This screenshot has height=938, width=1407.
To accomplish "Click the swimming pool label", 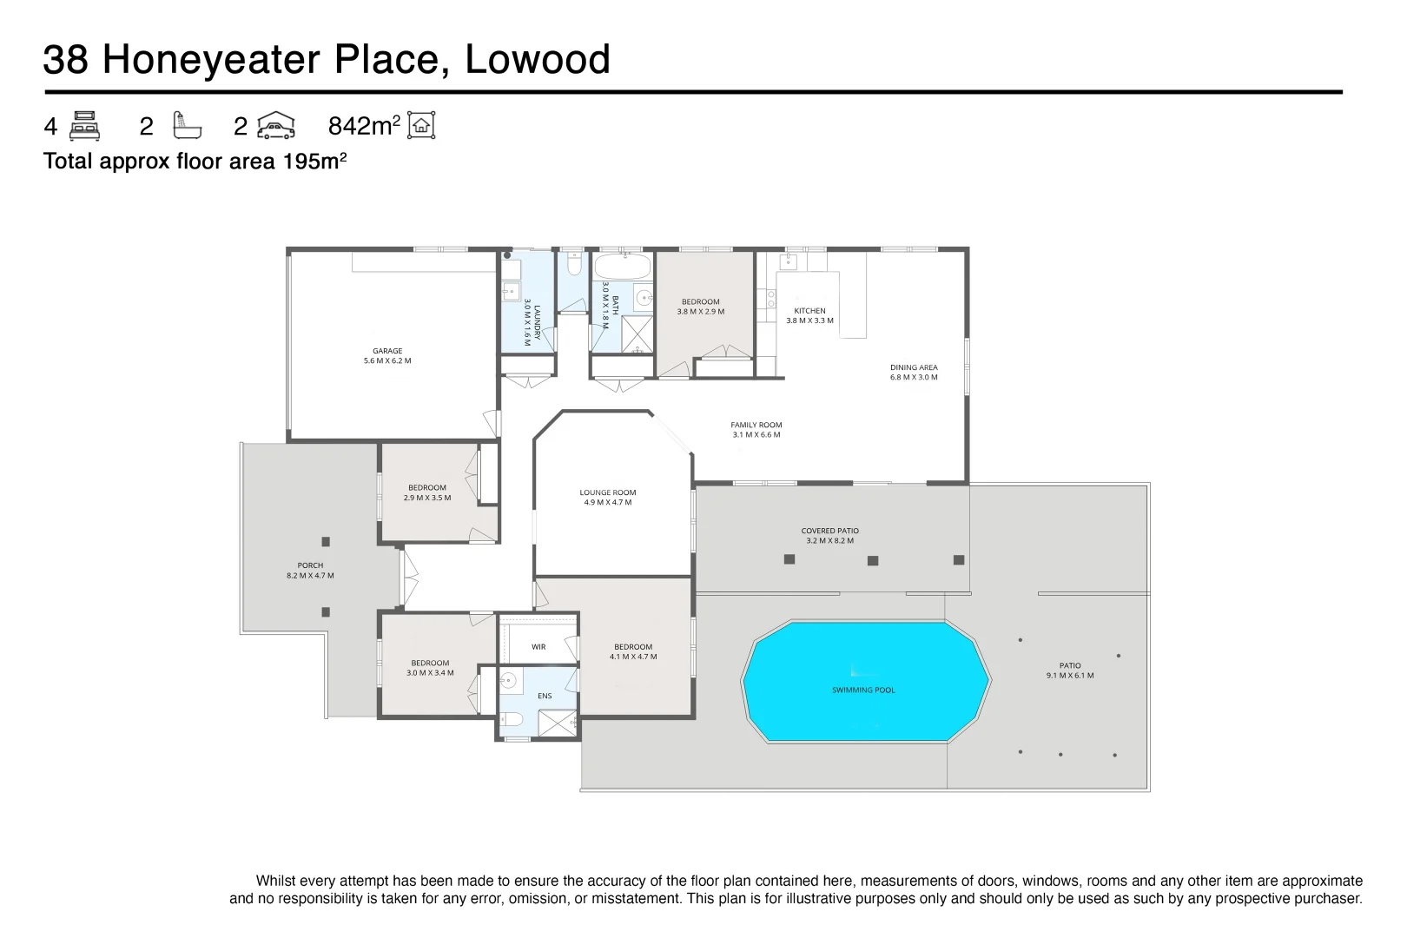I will pos(862,690).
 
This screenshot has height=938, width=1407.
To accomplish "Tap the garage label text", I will pos(387,351).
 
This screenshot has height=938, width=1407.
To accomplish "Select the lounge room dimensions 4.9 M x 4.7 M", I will pos(608,503).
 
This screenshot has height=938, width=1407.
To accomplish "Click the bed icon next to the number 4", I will pos(84,126).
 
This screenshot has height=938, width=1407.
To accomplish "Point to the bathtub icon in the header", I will pos(186,126).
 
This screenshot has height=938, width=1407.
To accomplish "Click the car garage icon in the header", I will pos(276,126).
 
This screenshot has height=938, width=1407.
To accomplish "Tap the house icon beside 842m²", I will pos(422,126).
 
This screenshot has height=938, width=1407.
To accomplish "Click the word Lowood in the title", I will pos(538,60).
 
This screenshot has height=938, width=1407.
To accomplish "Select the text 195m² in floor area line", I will pos(314,162).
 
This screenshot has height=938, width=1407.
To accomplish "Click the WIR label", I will pos(538,647).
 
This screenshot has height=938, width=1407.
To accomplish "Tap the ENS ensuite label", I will pos(545,696).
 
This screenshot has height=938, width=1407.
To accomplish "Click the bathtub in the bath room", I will pos(622,266).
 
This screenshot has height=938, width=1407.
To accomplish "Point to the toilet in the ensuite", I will pos(511,719).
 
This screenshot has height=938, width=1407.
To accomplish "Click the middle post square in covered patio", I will pos(873,561).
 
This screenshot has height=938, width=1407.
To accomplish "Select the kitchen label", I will pos(809,311).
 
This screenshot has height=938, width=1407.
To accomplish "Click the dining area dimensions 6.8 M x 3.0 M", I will pos(914,378).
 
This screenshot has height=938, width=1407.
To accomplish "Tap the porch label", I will pos(310,565).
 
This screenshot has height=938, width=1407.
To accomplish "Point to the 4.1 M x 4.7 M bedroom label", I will pos(633,657).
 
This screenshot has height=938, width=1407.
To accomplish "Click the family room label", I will pos(756,426).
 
